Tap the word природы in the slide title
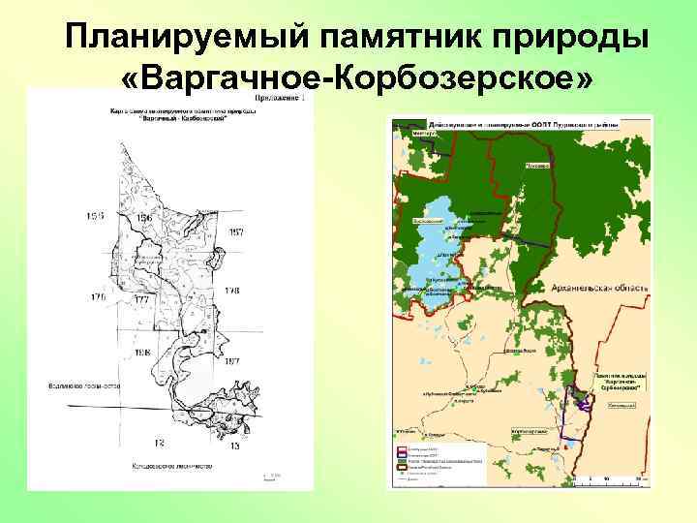pyautogui.click(x=543, y=37)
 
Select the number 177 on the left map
pyautogui.click(x=141, y=300)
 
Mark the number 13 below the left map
pyautogui.click(x=234, y=445)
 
